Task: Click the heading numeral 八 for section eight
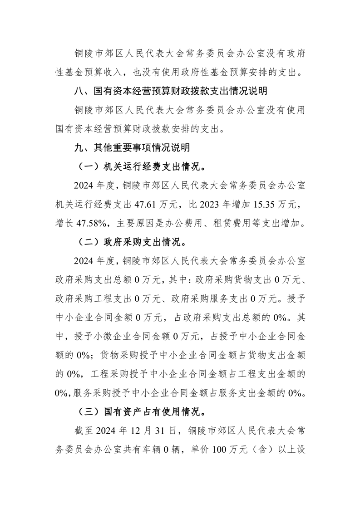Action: [x=79, y=91]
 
